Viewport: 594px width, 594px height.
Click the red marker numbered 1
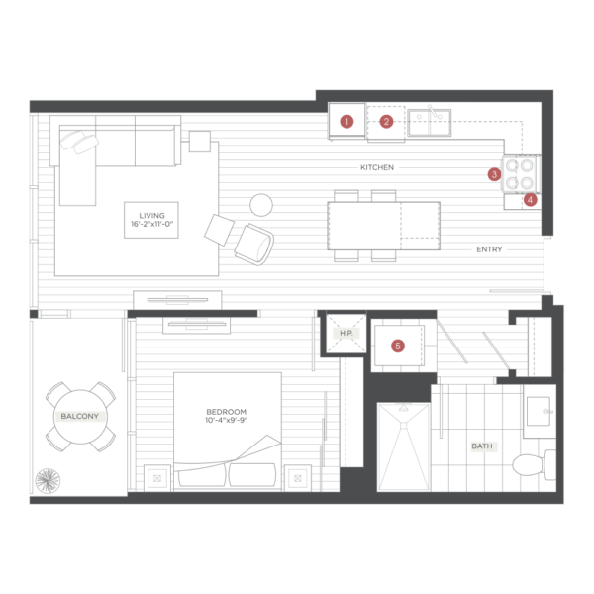[x=346, y=122]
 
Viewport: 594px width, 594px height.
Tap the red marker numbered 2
[x=386, y=122]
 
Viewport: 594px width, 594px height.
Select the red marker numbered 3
[x=494, y=174]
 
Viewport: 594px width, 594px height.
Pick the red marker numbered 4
[x=530, y=200]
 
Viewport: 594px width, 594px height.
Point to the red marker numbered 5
[x=398, y=346]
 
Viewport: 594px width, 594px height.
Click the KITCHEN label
[x=377, y=167]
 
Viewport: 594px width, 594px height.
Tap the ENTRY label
[x=489, y=249]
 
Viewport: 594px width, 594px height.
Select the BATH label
[x=482, y=446]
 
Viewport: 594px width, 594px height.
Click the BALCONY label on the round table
[x=79, y=416]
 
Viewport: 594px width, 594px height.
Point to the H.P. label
[x=346, y=333]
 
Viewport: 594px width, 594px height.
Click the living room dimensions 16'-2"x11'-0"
[x=151, y=224]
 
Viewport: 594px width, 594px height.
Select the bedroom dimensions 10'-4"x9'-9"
[x=226, y=420]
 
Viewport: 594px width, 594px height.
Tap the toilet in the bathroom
[x=534, y=464]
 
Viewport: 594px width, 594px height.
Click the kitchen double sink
[x=430, y=123]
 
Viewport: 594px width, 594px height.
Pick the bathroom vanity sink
[x=539, y=412]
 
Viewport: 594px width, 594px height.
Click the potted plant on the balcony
[x=48, y=481]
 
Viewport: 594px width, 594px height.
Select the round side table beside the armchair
[x=261, y=205]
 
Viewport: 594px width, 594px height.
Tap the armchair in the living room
[x=254, y=245]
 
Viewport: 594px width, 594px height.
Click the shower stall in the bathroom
[x=404, y=447]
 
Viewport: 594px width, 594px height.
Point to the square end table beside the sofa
[x=200, y=142]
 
